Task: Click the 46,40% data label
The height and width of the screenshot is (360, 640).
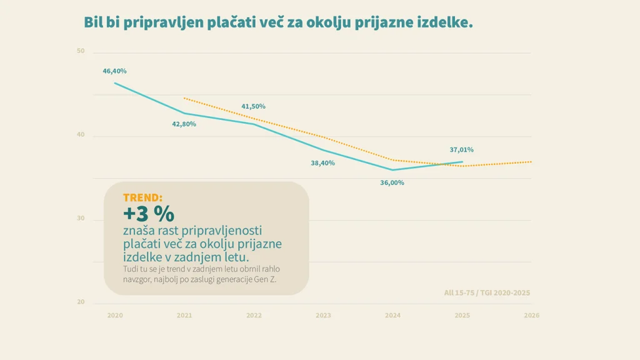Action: pos(114,71)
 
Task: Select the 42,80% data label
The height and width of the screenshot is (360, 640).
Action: pos(184,124)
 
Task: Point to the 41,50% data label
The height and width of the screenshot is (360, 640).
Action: pos(253,106)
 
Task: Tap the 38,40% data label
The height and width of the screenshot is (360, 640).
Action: pos(322,163)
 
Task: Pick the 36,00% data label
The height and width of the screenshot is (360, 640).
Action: pos(392,183)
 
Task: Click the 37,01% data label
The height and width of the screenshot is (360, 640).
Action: pos(461,150)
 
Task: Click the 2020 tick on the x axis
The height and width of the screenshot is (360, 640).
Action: pos(114,316)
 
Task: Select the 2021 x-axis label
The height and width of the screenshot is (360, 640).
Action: pos(184,316)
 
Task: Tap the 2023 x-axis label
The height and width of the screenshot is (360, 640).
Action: pos(323,316)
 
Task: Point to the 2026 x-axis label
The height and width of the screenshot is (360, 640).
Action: pos(531,316)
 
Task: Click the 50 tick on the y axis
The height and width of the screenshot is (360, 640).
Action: pos(81,51)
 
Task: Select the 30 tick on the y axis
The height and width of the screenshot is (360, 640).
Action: pos(81,219)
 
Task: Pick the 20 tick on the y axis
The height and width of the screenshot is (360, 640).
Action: pos(81,302)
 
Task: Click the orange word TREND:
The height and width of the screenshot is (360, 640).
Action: pos(142,197)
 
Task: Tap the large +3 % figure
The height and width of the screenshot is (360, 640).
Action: pos(148,213)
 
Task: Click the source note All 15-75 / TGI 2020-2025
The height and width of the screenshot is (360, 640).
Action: pos(487,292)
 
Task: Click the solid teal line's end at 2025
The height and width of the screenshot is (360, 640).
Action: pos(462,162)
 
